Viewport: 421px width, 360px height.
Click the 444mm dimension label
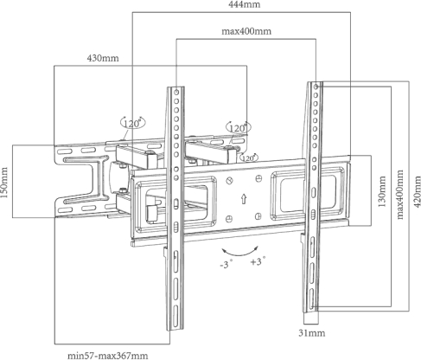[245, 4]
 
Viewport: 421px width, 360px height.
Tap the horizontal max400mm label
[246, 31]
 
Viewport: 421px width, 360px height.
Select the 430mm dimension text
[103, 58]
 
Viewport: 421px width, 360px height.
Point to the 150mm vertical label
[4, 183]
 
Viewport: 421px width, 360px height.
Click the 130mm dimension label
[382, 191]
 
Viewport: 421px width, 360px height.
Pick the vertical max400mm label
[400, 195]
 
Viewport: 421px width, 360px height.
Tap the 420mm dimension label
[417, 191]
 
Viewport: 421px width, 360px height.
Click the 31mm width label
[312, 333]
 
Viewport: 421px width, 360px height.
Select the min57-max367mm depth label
[108, 356]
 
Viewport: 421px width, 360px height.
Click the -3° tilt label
[226, 264]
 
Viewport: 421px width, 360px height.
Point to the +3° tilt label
[258, 261]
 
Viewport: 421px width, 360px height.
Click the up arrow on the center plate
[244, 199]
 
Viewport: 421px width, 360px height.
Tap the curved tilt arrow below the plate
[239, 253]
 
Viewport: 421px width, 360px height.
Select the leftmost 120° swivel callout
[132, 123]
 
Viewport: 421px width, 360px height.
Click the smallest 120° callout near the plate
[249, 157]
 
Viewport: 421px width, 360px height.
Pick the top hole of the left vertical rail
[176, 93]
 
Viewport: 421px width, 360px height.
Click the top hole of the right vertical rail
[316, 87]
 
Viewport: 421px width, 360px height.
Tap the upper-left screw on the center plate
[229, 181]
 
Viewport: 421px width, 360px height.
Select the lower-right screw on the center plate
[258, 215]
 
